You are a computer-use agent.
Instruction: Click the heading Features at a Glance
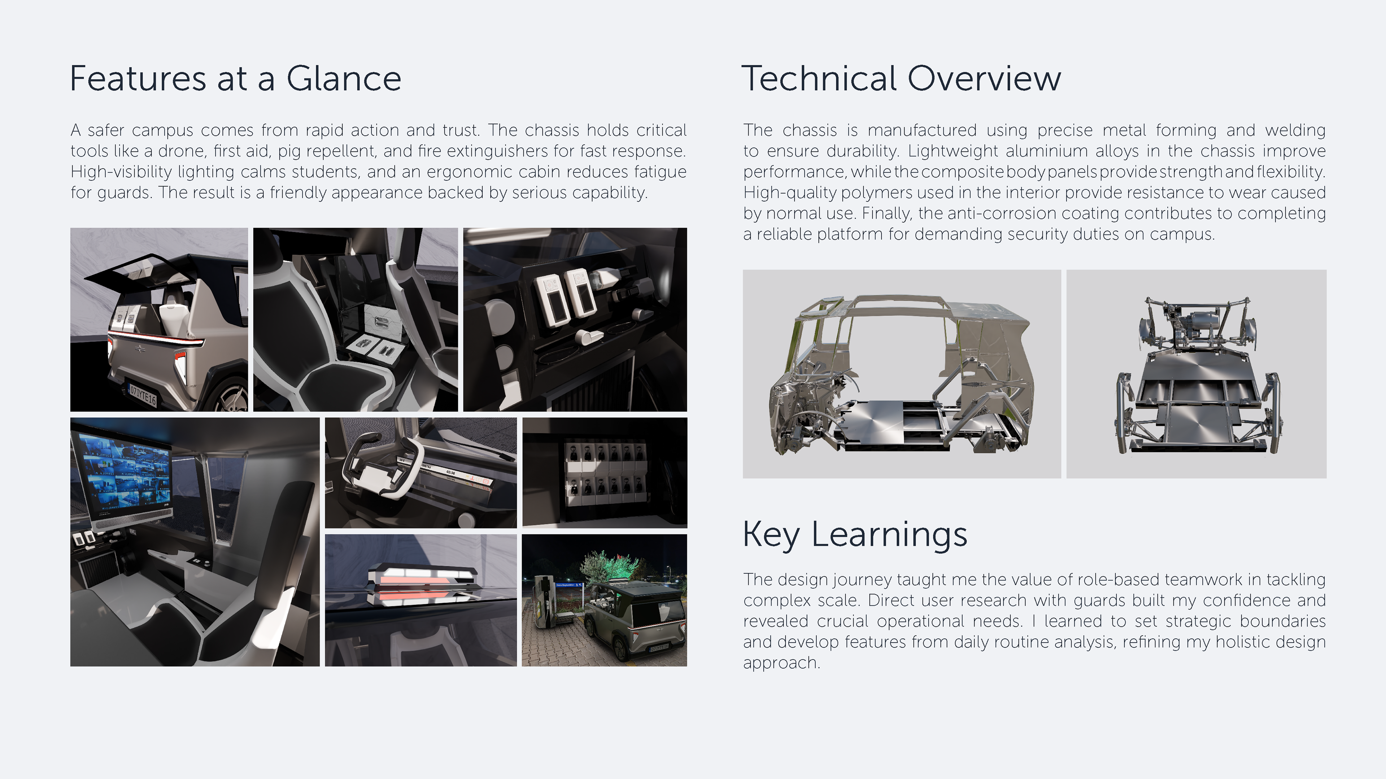coord(236,79)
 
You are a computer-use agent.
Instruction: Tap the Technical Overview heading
coord(901,79)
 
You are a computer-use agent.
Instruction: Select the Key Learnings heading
coord(855,534)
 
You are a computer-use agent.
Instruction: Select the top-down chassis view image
coord(1197,374)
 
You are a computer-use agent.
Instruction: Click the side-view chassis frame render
coord(902,374)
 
